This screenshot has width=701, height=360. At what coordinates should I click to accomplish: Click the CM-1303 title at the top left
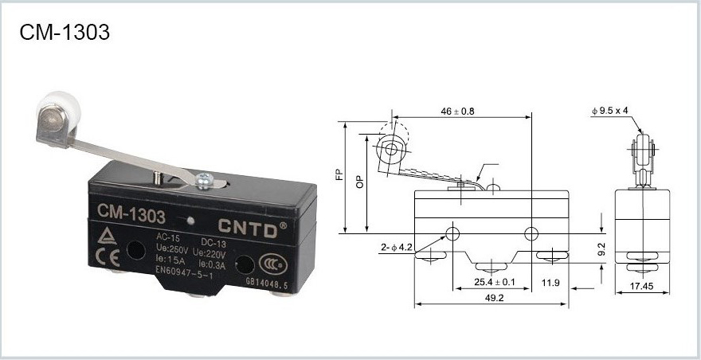pos(65,32)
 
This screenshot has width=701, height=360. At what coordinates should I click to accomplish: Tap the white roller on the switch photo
pos(59,112)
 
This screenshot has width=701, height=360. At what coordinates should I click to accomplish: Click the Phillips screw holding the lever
pos(206,179)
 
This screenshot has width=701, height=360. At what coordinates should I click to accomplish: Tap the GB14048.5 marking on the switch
pos(267,282)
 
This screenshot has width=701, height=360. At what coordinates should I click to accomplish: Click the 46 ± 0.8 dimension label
pos(457,112)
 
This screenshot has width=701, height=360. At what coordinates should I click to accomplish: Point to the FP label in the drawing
pos(340,174)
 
